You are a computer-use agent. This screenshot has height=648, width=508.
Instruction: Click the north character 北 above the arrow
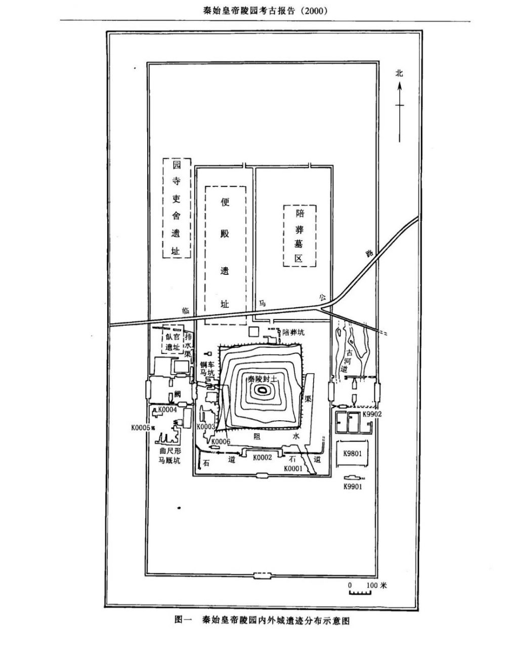tap(399, 73)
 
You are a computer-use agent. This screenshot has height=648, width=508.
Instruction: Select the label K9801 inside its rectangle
tap(352, 454)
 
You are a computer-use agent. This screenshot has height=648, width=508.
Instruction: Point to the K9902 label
tap(371, 414)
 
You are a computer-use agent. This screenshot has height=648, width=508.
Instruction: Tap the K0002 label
tap(262, 457)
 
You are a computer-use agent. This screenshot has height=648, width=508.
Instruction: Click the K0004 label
tap(167, 410)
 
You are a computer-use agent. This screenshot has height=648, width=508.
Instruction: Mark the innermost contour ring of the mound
tap(262, 389)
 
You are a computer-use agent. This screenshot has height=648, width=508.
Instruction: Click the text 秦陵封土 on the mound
tap(262, 379)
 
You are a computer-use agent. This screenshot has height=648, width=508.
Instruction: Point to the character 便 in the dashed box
tap(225, 202)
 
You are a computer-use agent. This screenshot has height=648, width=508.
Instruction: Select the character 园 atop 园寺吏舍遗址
tap(176, 166)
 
